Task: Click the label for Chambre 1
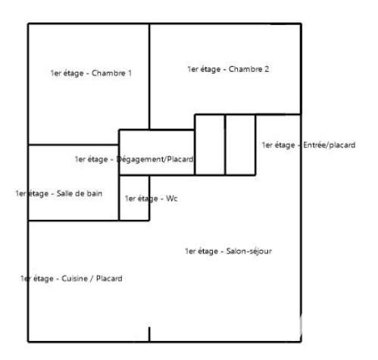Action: [91, 74]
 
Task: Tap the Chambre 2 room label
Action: [228, 69]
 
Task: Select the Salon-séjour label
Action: [228, 251]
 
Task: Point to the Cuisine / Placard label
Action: [71, 278]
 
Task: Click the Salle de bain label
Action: [59, 194]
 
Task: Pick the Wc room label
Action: [152, 199]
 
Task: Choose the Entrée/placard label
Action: [308, 145]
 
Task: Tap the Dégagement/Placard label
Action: [134, 159]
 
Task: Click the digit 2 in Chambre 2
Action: [267, 69]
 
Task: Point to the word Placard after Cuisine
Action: [109, 278]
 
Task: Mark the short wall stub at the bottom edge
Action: [149, 334]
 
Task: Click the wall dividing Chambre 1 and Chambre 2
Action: [149, 77]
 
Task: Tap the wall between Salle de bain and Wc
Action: [119, 198]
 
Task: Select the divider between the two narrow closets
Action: [225, 145]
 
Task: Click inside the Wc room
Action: [134, 210]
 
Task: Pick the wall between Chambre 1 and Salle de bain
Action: [73, 145]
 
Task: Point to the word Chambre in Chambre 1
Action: [108, 74]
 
